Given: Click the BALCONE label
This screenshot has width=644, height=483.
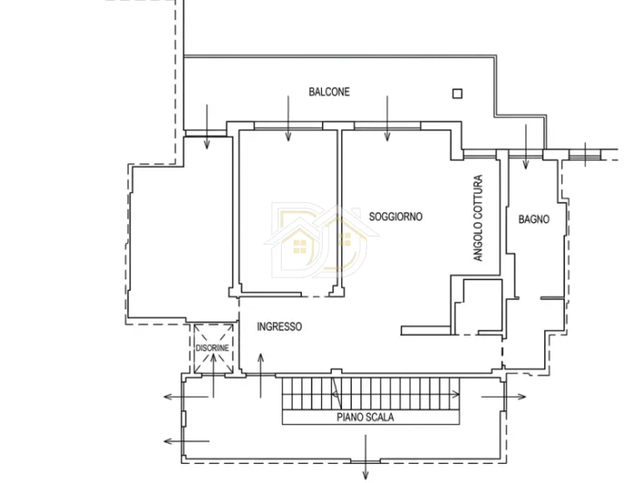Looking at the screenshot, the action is pos(329,92).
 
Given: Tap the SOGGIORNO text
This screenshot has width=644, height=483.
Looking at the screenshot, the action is pos(395,217).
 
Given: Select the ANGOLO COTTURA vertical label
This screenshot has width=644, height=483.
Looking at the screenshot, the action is pos(477,218).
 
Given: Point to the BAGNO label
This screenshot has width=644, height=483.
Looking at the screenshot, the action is pos(534,219).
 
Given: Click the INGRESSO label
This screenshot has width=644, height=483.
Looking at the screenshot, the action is pos(279,327).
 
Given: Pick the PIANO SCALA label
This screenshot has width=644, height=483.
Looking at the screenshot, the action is pos(365,417).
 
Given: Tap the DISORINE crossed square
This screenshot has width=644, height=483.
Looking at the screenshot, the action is pos(213,349).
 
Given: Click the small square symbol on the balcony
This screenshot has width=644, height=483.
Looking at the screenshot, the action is pos(457,93).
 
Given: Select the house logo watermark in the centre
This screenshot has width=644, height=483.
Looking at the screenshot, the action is pos(321,239).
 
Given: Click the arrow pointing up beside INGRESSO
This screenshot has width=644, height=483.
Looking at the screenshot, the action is pos(260,375).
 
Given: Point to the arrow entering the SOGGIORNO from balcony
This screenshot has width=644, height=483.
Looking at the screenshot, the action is pos(387,118).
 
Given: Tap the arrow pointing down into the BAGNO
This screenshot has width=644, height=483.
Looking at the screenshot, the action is pos(526,147).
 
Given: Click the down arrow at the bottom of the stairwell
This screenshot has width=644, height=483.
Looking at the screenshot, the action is pos(365,457).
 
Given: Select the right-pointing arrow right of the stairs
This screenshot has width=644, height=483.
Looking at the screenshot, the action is pos(504,397).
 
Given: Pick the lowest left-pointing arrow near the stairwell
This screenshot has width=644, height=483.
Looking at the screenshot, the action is pos(187,441).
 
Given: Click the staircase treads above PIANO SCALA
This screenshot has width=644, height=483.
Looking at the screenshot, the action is pos(370,394).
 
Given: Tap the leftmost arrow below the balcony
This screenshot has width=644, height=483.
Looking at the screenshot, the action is pos(207,126).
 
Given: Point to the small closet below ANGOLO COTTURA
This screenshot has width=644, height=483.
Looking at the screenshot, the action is pos(478,307).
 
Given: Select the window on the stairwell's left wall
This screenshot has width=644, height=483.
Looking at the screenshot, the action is pos(184,419).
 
